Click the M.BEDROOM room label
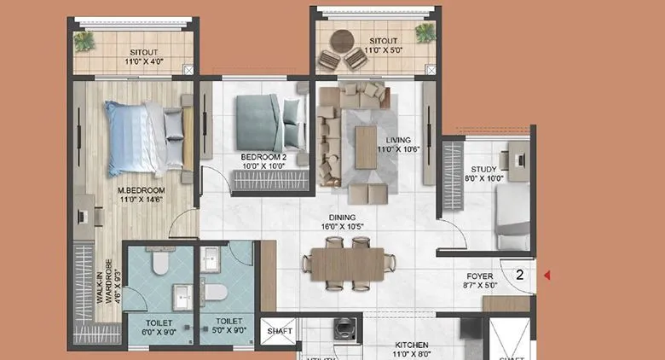point(141,189)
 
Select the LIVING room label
point(398,140)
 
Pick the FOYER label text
point(479,276)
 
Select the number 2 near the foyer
point(519,275)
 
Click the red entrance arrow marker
point(548,275)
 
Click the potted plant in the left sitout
point(85,40)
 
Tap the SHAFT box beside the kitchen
point(280,330)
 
